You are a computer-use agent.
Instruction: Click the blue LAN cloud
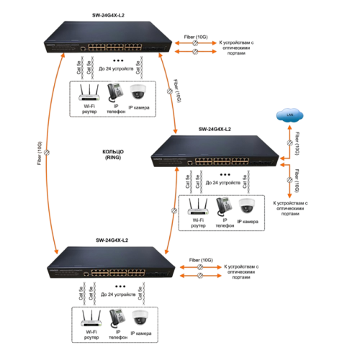point(289,116)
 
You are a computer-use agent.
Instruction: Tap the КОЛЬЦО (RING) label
point(115,155)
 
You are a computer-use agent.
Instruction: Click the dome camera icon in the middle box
point(248,205)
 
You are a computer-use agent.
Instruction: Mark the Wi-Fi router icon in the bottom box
point(89,318)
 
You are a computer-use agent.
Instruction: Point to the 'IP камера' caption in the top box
point(141,108)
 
